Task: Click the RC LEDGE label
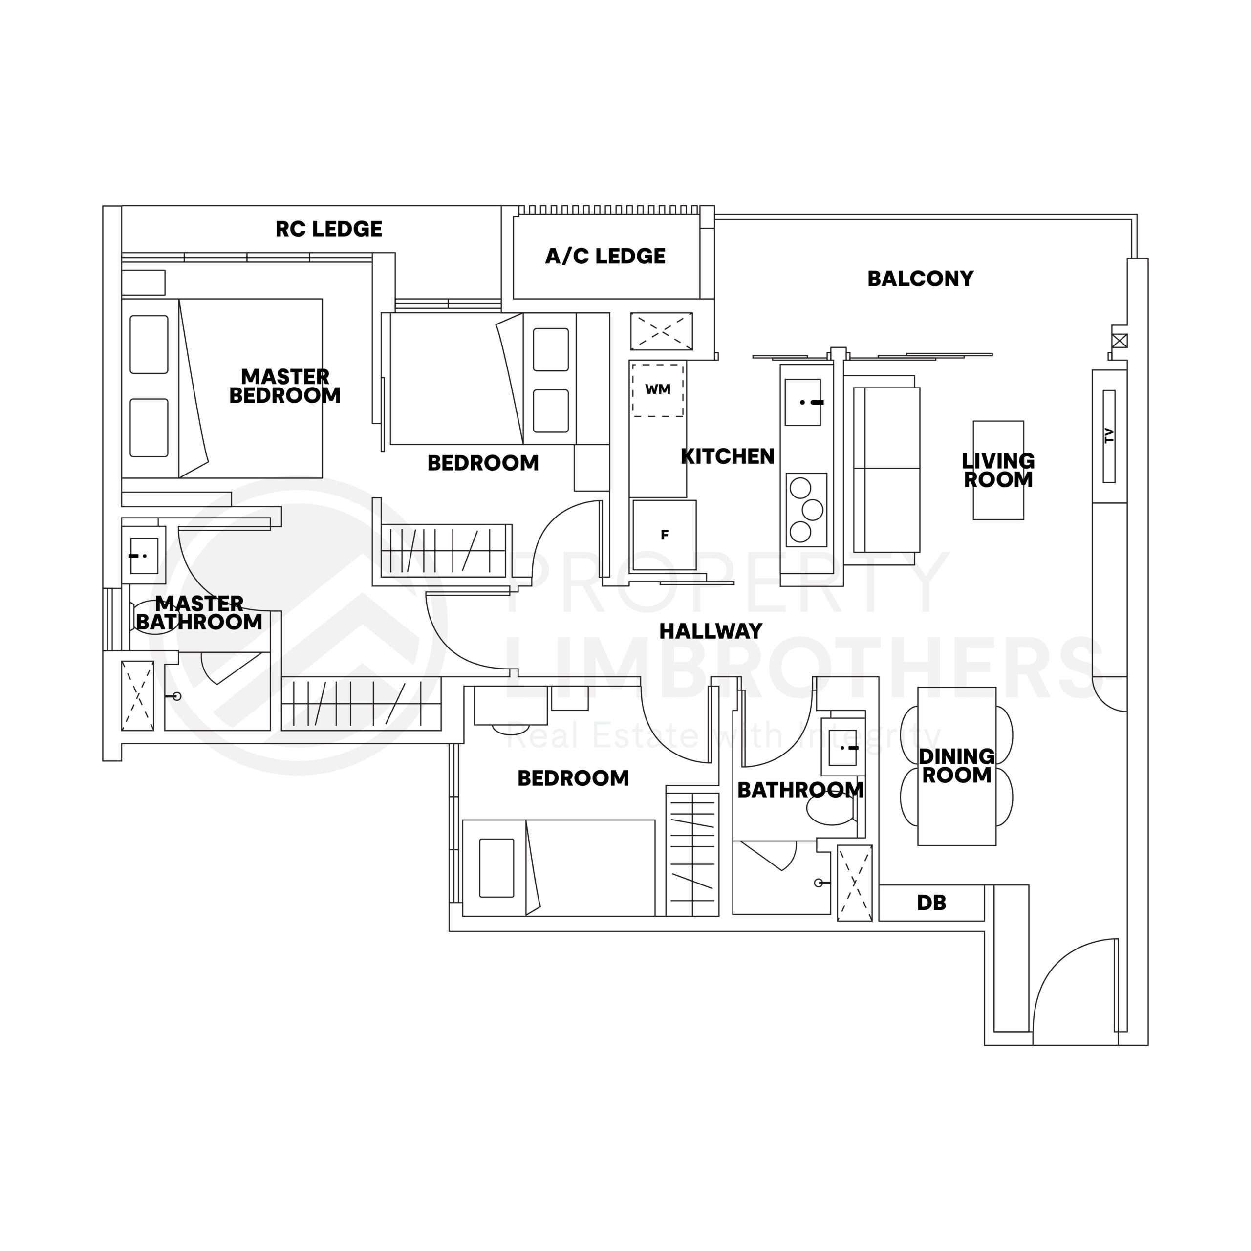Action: (x=328, y=229)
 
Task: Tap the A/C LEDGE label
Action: (x=605, y=257)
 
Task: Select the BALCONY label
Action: (x=920, y=279)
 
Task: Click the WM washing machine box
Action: (x=658, y=390)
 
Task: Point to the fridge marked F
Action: (x=665, y=535)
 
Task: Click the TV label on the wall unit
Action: (x=1108, y=436)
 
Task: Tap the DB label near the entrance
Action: (x=931, y=903)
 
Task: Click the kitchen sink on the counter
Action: (x=803, y=402)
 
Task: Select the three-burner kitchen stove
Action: (x=806, y=510)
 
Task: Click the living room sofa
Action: (x=886, y=470)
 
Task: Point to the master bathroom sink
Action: (x=144, y=556)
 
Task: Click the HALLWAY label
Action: (x=711, y=631)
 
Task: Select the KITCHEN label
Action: (x=727, y=457)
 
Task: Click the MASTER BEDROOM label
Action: (x=285, y=386)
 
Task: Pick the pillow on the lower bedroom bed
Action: (x=496, y=868)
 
